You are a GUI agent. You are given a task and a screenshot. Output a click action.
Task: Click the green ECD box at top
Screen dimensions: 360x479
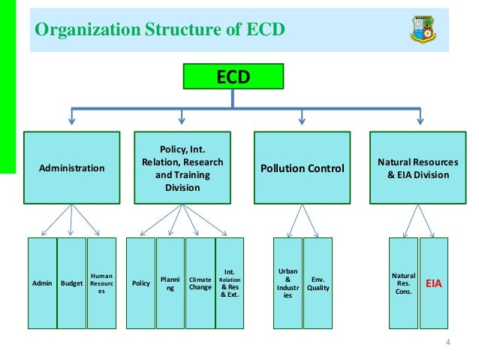233,77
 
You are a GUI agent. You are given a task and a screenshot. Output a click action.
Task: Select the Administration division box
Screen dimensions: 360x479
72,168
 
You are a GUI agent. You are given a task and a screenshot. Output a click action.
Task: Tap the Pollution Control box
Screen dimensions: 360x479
302,168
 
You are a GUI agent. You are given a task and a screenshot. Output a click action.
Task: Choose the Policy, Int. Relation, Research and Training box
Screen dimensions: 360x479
182,168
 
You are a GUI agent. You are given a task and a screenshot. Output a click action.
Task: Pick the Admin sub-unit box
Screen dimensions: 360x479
42,283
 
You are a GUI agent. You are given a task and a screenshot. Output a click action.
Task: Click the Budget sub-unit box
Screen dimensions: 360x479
72,283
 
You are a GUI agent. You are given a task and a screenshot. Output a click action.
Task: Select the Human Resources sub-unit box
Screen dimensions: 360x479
101,283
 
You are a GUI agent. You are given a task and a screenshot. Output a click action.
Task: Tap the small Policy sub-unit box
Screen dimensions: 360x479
140,283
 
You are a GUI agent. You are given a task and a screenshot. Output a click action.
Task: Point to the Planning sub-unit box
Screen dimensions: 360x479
170,283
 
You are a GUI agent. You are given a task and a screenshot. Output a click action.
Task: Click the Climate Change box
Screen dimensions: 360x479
200,283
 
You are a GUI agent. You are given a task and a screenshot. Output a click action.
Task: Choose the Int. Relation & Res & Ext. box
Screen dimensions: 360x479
230,283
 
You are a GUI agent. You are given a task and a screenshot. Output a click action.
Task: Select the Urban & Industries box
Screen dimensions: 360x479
288,283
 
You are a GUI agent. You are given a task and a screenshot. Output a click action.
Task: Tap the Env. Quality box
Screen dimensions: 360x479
318,283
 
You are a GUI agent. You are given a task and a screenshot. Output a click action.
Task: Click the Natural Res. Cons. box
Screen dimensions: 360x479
403,283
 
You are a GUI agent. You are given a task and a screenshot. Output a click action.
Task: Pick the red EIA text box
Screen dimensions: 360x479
434,283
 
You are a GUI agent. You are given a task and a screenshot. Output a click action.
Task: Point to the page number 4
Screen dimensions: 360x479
447,345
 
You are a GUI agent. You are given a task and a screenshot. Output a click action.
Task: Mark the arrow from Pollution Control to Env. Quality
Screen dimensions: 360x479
310,220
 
